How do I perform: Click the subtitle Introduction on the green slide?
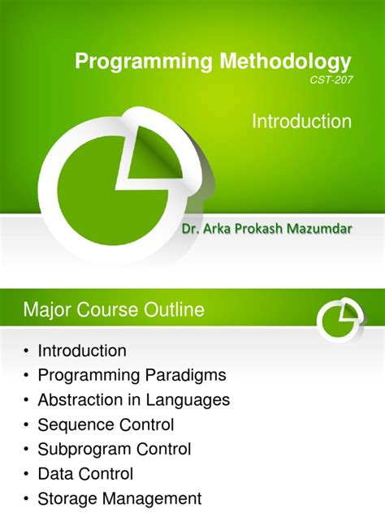click(x=301, y=122)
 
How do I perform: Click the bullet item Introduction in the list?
click(x=82, y=351)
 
